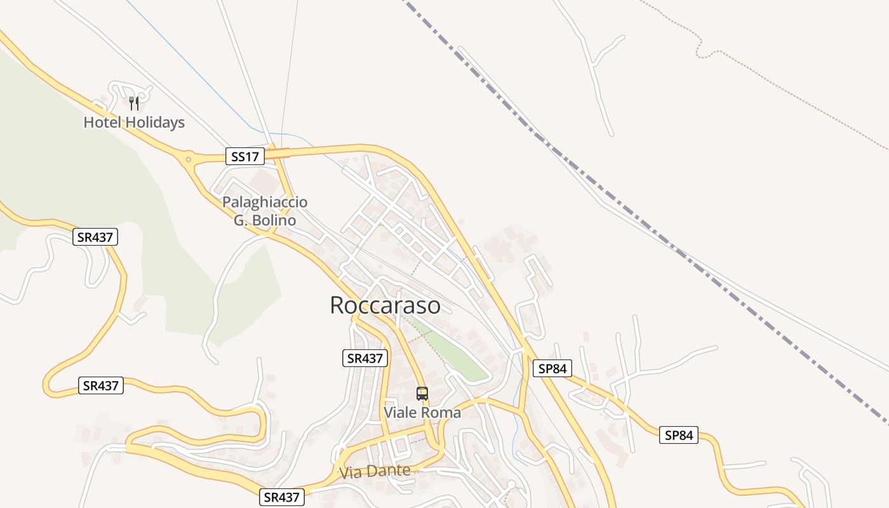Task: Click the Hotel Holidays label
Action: click(x=134, y=123)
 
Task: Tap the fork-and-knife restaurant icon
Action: click(x=134, y=103)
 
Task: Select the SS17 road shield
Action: click(x=245, y=156)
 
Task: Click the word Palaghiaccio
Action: click(x=265, y=203)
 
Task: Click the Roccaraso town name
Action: click(x=385, y=305)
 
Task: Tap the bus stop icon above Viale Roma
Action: click(x=422, y=394)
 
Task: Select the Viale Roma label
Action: click(x=422, y=413)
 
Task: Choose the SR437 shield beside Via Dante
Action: click(x=283, y=497)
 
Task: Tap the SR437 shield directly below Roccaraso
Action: click(x=364, y=358)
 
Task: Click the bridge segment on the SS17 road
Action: click(x=277, y=153)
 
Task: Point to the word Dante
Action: click(x=392, y=471)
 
